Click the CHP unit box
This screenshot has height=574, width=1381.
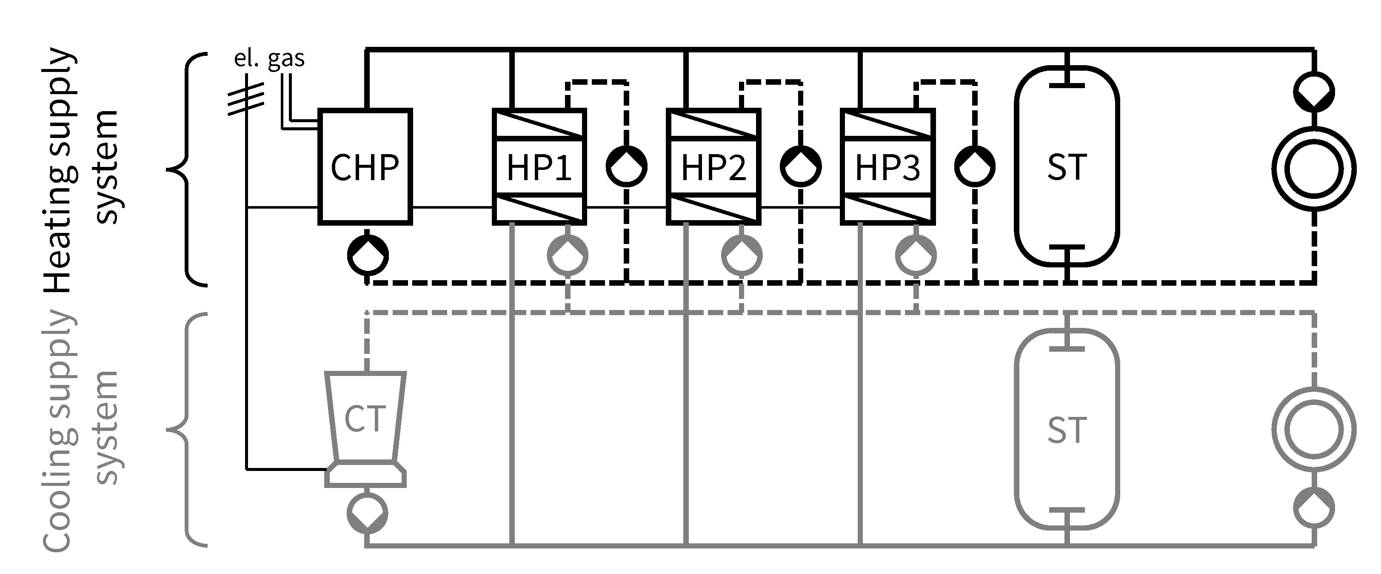(x=365, y=166)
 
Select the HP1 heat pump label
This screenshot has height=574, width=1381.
(x=539, y=167)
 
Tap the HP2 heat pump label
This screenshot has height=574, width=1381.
(x=713, y=167)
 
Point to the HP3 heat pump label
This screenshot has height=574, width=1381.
(x=887, y=167)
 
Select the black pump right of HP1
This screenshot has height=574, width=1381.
(x=626, y=166)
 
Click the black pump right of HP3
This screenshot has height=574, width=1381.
(x=975, y=166)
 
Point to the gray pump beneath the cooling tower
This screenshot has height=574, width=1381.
(x=367, y=513)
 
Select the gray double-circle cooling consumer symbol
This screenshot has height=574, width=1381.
(x=1313, y=429)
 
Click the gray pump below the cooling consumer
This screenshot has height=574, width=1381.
(x=1313, y=508)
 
